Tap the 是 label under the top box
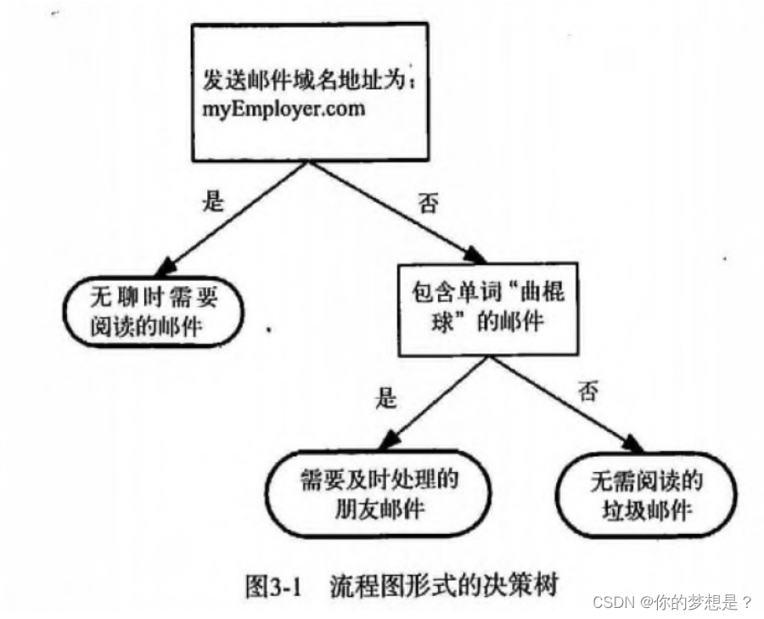click(212, 200)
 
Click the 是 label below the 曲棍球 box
click(385, 396)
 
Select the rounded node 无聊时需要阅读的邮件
click(153, 312)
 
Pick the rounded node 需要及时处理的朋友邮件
click(379, 494)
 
